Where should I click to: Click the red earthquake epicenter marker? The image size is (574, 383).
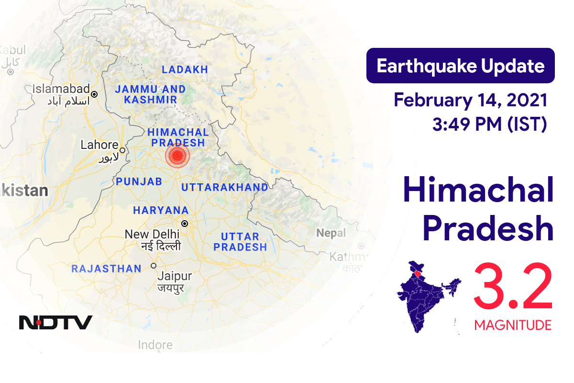(177, 155)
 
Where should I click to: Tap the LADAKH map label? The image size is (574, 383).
(185, 69)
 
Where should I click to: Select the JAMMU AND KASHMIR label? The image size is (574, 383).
(150, 94)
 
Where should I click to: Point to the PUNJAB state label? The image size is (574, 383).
(139, 181)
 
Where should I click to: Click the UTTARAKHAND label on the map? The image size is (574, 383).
(224, 187)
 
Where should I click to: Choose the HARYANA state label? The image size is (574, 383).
(161, 210)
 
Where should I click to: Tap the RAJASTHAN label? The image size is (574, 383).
(106, 269)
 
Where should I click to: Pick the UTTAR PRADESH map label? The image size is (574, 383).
(240, 242)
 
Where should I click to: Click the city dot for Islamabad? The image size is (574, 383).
(95, 94)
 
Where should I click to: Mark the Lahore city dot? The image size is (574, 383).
(122, 150)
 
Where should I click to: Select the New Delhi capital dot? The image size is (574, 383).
(184, 223)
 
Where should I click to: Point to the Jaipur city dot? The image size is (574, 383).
(154, 266)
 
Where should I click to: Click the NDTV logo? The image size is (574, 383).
(55, 322)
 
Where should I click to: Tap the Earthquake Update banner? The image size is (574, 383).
(460, 66)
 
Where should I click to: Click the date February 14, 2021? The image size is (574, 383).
(470, 101)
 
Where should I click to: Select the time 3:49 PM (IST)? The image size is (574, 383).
(489, 124)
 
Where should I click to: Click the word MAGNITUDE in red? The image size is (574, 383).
(513, 326)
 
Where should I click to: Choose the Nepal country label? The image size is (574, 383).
(331, 233)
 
